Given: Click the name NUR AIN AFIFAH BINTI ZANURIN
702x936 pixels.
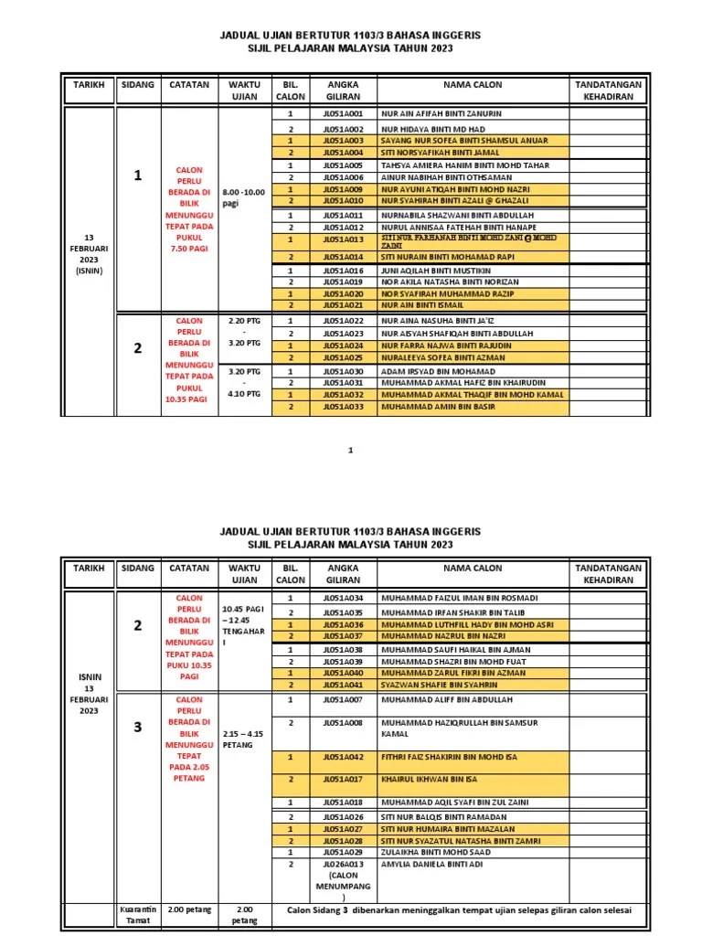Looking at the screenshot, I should [x=441, y=114].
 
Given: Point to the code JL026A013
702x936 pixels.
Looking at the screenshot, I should [x=343, y=864].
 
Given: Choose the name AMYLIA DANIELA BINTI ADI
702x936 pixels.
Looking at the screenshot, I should [x=431, y=864].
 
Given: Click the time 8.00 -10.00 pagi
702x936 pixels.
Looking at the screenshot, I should [x=243, y=197].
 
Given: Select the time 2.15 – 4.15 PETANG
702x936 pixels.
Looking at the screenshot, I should [x=241, y=739].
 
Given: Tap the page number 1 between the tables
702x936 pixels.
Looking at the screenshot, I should [x=351, y=451].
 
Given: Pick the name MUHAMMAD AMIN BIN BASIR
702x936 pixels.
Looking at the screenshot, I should [x=438, y=406].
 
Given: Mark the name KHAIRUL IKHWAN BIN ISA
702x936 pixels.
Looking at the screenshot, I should [x=430, y=780].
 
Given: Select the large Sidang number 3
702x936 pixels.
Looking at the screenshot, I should [x=138, y=728].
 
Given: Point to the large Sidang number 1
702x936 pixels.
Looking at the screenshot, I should [x=138, y=175].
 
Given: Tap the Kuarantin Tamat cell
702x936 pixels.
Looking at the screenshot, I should [x=138, y=915].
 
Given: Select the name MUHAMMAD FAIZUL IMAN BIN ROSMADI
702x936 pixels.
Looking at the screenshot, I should [x=459, y=598].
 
